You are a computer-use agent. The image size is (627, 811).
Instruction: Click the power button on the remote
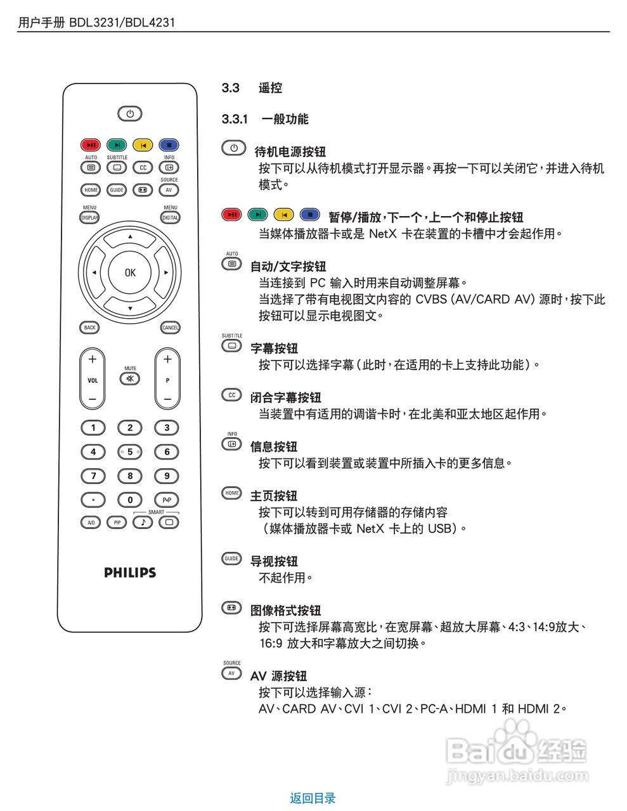click(x=130, y=114)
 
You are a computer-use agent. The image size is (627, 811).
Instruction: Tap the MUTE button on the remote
click(x=130, y=379)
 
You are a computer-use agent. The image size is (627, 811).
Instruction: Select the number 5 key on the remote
click(x=130, y=452)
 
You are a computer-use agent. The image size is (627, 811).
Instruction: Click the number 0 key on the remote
click(x=130, y=500)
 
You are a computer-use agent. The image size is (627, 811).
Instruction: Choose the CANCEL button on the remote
click(x=170, y=328)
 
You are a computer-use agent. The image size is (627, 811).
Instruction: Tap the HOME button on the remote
click(x=91, y=189)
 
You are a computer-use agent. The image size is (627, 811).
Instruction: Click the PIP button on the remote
click(x=117, y=523)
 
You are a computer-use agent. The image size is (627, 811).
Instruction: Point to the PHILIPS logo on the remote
click(x=130, y=573)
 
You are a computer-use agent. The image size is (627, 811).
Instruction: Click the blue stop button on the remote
click(x=169, y=145)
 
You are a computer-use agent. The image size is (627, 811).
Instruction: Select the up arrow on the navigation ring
click(x=130, y=237)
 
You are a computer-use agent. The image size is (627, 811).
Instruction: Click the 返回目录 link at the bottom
click(x=313, y=798)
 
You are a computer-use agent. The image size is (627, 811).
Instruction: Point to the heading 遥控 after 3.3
click(x=270, y=88)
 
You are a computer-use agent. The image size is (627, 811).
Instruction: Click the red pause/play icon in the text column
click(x=231, y=215)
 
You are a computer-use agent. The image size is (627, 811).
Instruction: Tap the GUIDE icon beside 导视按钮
click(x=231, y=559)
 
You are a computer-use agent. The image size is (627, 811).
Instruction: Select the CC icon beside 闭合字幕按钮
click(x=231, y=395)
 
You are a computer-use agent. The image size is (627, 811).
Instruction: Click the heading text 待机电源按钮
click(x=290, y=151)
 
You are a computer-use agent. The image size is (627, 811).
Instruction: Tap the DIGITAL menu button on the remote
click(x=170, y=217)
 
